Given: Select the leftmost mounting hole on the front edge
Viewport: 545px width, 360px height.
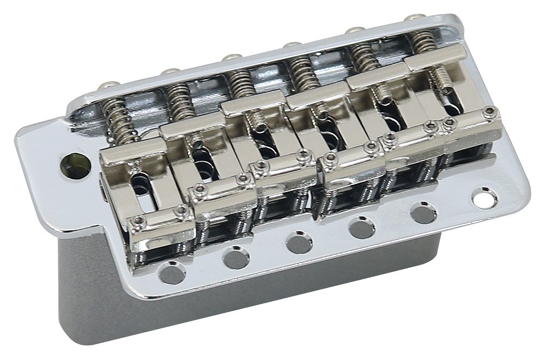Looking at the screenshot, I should point(173,272).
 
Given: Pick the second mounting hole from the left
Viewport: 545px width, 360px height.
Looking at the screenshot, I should point(236,256).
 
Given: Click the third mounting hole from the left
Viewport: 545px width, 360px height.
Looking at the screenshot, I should point(298,242).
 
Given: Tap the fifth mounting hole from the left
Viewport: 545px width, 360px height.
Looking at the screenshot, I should point(421,212).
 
